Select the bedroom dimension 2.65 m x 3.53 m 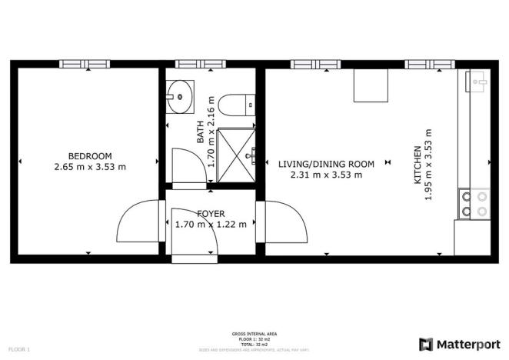(x=90, y=166)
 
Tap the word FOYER (x=211, y=214)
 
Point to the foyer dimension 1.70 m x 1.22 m (x=211, y=225)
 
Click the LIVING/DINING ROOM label (x=326, y=164)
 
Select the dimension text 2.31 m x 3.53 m (x=326, y=175)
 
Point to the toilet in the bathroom (x=232, y=103)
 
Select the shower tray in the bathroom (x=236, y=155)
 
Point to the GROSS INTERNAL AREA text (x=254, y=334)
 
